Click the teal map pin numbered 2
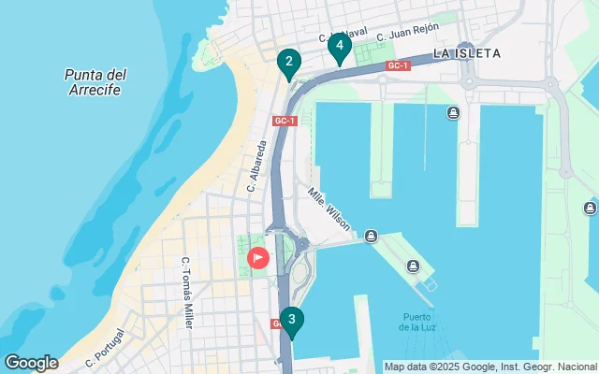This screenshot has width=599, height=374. click(x=289, y=64)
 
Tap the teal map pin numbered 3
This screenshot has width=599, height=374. click(x=292, y=322)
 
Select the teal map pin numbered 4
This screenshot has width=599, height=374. click(x=339, y=45)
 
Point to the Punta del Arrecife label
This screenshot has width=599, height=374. click(x=96, y=82)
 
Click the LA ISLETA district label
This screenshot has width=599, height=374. click(x=466, y=53)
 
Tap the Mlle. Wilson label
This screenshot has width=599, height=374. click(x=329, y=208)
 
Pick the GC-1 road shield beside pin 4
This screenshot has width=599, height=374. click(x=398, y=65)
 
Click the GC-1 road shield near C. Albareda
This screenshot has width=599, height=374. click(x=285, y=121)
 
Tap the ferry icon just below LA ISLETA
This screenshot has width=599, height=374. click(x=453, y=114)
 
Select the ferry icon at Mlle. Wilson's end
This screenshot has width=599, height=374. click(x=372, y=236)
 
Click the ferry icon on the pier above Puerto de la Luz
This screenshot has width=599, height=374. click(x=412, y=268)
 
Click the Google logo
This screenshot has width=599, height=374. click(x=31, y=363)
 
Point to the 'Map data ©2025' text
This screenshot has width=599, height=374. click(x=417, y=367)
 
